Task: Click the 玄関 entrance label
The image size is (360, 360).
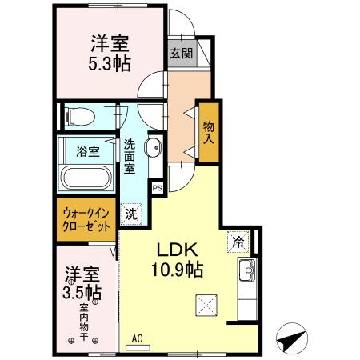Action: [x=180, y=54]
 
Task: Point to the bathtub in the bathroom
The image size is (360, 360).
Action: [x=86, y=178]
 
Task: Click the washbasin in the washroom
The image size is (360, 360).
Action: [x=156, y=146]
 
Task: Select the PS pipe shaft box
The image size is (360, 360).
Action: [x=158, y=189]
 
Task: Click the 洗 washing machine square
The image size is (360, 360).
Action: [x=130, y=214]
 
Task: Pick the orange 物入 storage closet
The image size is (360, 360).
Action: [x=209, y=133]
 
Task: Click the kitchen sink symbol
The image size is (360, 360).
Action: [x=246, y=268]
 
